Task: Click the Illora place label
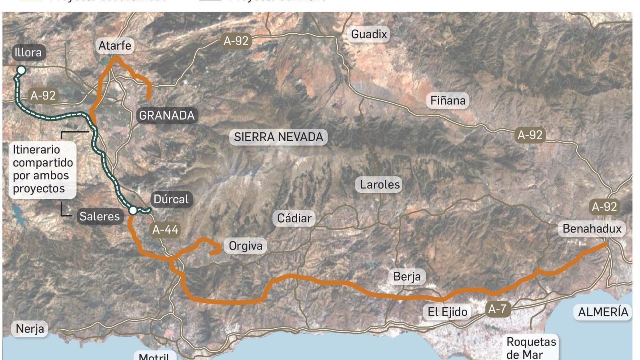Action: (x=28, y=52)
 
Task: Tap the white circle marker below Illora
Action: (x=21, y=70)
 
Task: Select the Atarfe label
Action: (x=115, y=46)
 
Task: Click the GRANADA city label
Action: (x=166, y=116)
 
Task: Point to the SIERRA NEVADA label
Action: (x=278, y=137)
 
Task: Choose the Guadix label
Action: (x=369, y=34)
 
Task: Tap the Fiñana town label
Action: (x=448, y=100)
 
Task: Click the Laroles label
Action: (x=380, y=184)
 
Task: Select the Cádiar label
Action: (x=294, y=218)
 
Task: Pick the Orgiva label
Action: (x=245, y=246)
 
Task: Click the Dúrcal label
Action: (x=171, y=199)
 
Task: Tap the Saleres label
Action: (x=99, y=216)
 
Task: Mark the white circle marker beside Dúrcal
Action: (x=133, y=210)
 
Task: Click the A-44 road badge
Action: (x=165, y=230)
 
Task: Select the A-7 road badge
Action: (x=498, y=309)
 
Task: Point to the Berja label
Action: (x=407, y=276)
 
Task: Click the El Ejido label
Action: (x=447, y=312)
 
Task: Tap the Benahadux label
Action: (x=592, y=229)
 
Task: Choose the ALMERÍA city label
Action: (x=603, y=312)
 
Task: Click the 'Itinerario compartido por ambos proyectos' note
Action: (x=42, y=169)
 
